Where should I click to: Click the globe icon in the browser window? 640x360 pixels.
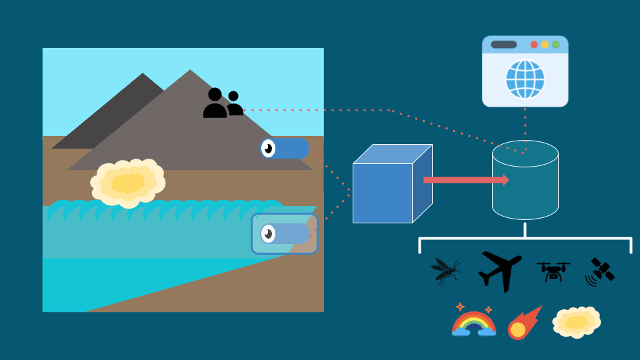(x=525, y=79)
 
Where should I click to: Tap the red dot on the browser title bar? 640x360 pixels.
(x=534, y=45)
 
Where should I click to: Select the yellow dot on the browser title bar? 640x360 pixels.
(x=545, y=45)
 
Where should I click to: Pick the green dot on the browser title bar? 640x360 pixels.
(x=555, y=45)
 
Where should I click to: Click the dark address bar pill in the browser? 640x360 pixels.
(x=503, y=45)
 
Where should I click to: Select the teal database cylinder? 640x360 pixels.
(x=525, y=181)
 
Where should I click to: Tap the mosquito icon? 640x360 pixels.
(x=444, y=271)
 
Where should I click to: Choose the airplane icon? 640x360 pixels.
(x=499, y=270)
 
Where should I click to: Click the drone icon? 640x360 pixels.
(x=553, y=271)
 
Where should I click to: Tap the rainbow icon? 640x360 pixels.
(x=473, y=321)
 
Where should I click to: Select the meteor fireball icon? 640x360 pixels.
(x=524, y=323)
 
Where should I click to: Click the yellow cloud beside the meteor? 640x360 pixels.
(x=576, y=322)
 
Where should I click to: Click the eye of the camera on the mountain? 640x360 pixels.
(x=268, y=148)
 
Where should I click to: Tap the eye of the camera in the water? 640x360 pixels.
(x=268, y=233)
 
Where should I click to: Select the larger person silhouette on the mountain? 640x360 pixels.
(x=215, y=104)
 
